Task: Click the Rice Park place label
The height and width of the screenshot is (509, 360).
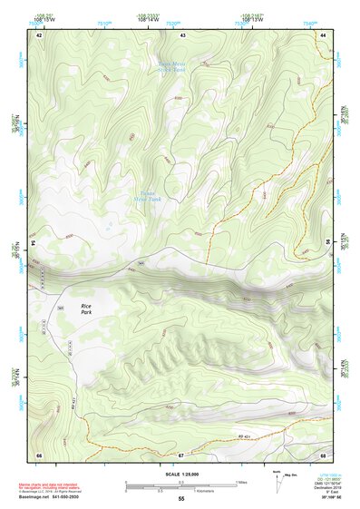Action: pyautogui.click(x=87, y=310)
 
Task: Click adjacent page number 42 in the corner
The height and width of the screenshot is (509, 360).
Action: pyautogui.click(x=39, y=34)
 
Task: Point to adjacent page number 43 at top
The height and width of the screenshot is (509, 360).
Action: pyautogui.click(x=183, y=34)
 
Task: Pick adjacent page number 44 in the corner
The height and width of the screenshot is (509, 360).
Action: pyautogui.click(x=324, y=34)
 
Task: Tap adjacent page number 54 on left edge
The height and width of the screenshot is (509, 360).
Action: pyautogui.click(x=37, y=243)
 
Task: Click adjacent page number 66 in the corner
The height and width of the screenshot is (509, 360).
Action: pyautogui.click(x=39, y=454)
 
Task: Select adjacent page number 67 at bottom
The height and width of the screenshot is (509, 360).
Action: pyautogui.click(x=181, y=454)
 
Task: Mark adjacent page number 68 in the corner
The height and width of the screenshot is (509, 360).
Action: pyautogui.click(x=324, y=454)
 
